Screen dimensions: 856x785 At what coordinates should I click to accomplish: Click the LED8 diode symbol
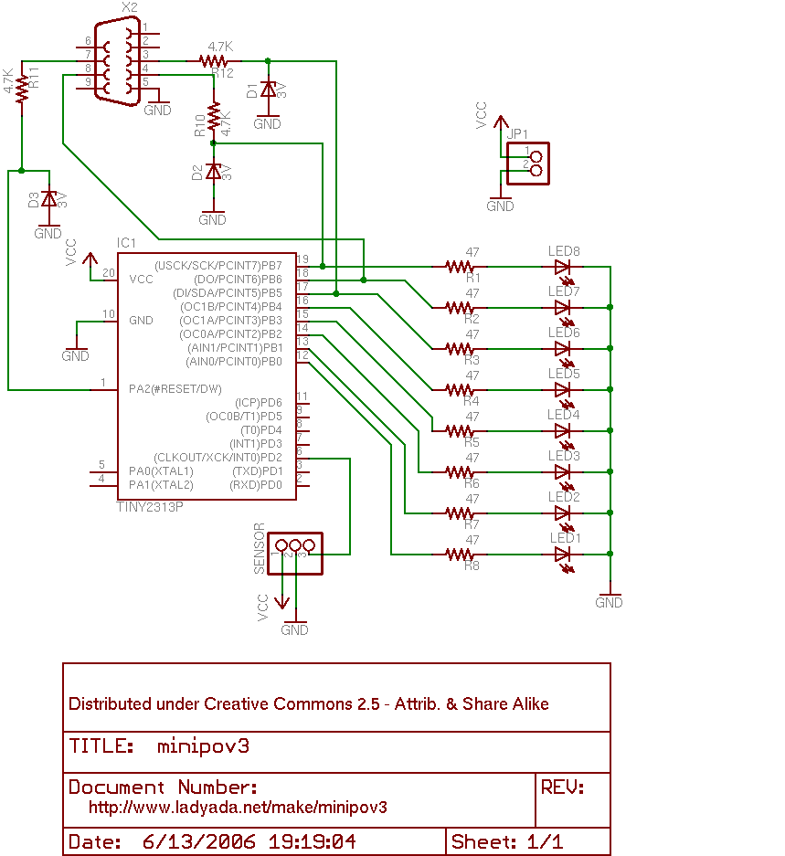coord(562,267)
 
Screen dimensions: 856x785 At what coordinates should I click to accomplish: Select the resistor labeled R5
coord(459,430)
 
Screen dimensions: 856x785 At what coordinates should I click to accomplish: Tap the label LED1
coord(566,538)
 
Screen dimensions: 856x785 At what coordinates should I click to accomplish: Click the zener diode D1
coord(267,90)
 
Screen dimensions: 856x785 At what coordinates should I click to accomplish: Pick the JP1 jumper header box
coord(528,164)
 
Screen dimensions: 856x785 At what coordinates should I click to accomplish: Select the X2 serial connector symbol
coord(114,61)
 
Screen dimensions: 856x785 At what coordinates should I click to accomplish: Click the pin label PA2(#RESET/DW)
coord(175,389)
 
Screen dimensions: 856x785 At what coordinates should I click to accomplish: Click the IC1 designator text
coord(126,243)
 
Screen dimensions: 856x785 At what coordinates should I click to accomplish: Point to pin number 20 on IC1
coord(109,273)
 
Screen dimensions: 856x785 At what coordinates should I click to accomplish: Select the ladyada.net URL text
coord(238,808)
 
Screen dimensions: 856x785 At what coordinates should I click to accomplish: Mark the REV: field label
coord(562,787)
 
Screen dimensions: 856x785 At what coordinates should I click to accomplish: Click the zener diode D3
coord(49,198)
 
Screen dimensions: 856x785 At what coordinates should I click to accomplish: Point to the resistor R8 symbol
coord(459,554)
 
